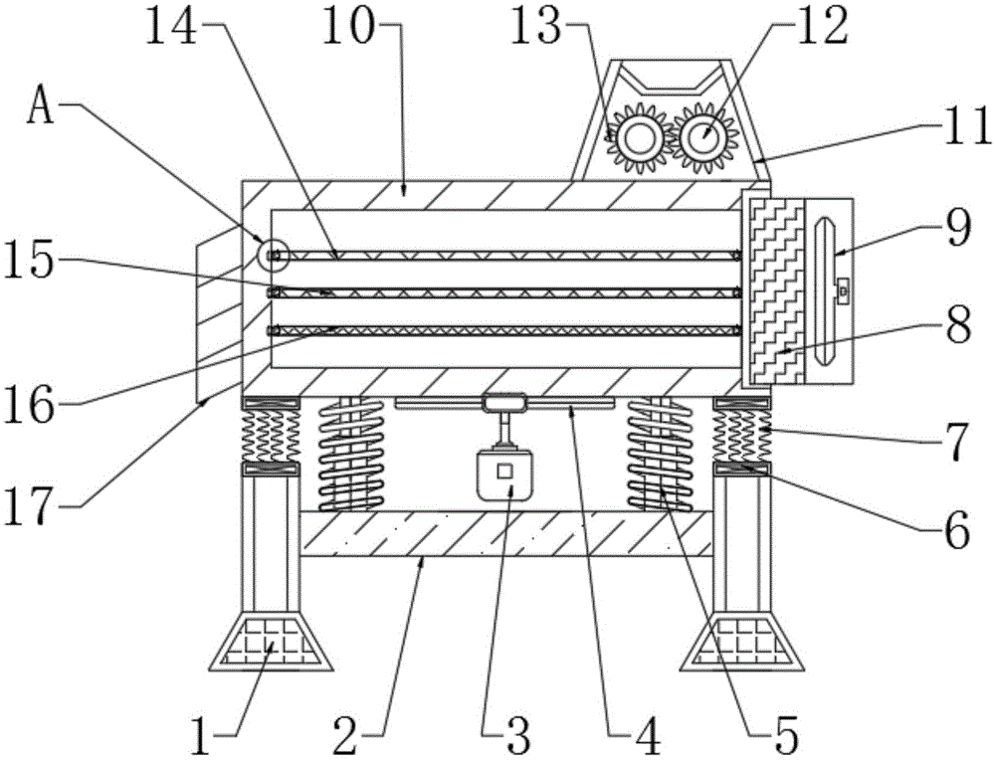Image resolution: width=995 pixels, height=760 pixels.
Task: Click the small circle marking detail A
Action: (271, 256)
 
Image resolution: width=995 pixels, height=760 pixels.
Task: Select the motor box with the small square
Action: (504, 475)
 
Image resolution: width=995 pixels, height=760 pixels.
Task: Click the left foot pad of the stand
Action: (269, 641)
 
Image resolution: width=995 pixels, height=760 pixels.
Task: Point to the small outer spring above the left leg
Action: (270, 433)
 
